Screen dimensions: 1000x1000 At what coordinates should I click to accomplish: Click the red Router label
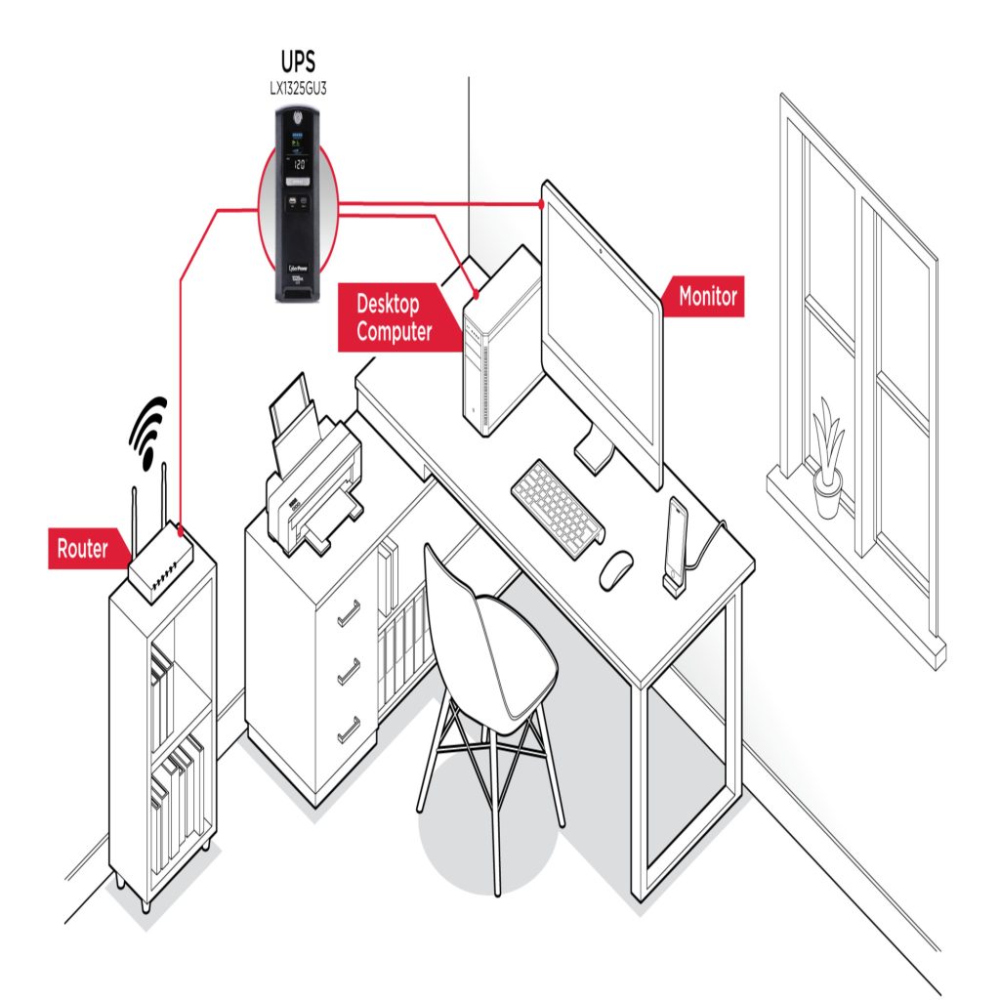tap(82, 549)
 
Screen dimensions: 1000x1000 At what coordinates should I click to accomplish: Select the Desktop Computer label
tap(395, 317)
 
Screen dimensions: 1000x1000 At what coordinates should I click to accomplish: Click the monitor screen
tap(602, 322)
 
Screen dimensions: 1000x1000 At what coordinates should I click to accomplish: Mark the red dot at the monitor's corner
tap(541, 204)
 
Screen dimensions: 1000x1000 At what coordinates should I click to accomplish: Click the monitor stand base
tap(595, 453)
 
